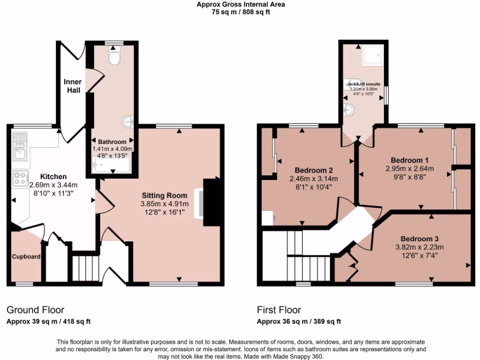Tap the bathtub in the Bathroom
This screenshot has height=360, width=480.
click(112, 165)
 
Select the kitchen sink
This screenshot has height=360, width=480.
click(20, 151)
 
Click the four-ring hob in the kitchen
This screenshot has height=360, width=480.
click(20, 178)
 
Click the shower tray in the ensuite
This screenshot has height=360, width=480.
click(373, 55)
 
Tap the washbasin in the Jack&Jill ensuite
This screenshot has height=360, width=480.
click(349, 110)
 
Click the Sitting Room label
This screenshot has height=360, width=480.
click(164, 195)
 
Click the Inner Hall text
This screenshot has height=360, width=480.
click(73, 86)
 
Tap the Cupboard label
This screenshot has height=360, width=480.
click(26, 257)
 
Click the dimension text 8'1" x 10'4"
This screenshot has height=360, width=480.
click(314, 187)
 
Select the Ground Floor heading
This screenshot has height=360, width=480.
click(35, 310)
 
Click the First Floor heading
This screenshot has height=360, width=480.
click(279, 310)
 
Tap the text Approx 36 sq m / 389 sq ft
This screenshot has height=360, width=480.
click(299, 322)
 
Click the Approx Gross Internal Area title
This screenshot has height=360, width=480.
click(240, 5)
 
